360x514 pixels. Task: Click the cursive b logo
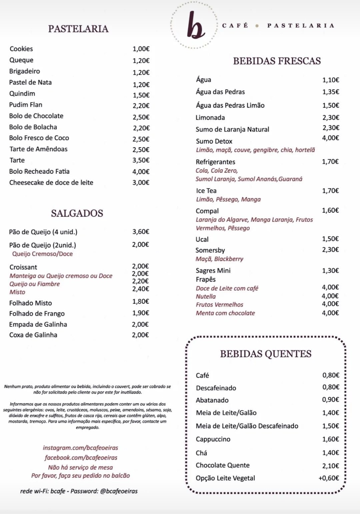pyautogui.click(x=195, y=26)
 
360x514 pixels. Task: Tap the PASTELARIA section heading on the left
pyautogui.click(x=78, y=29)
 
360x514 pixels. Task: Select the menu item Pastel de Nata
pyautogui.click(x=30, y=82)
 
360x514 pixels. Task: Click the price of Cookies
pyautogui.click(x=141, y=49)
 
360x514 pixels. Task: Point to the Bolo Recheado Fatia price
pyautogui.click(x=141, y=172)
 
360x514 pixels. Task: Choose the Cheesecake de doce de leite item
pyautogui.click(x=51, y=183)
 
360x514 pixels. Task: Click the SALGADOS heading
pyautogui.click(x=77, y=213)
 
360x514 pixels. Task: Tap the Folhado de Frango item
pyautogui.click(x=37, y=314)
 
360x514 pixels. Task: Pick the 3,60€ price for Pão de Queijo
pyautogui.click(x=141, y=232)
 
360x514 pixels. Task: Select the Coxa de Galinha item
pyautogui.click(x=33, y=335)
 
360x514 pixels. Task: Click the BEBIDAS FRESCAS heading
pyautogui.click(x=277, y=61)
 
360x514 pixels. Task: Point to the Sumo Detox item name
pyautogui.click(x=214, y=141)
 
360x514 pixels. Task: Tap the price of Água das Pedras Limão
pyautogui.click(x=331, y=105)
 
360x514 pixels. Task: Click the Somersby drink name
pyautogui.click(x=210, y=250)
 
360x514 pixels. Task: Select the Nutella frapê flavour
pyautogui.click(x=206, y=296)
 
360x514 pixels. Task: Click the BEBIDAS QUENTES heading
pyautogui.click(x=266, y=354)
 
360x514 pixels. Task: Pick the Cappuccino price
pyautogui.click(x=331, y=439)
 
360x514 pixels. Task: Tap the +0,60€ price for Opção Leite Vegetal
pyautogui.click(x=329, y=478)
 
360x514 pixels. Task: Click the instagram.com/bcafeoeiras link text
pyautogui.click(x=80, y=448)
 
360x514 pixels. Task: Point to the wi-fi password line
pyautogui.click(x=79, y=491)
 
